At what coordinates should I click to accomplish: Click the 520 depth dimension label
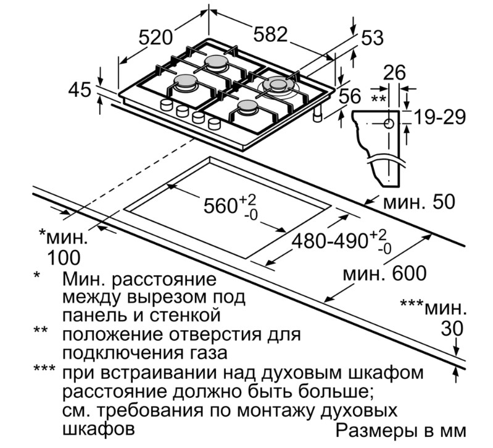(x=154, y=38)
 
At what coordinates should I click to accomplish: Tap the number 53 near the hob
(x=372, y=38)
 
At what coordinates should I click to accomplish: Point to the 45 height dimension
(x=80, y=90)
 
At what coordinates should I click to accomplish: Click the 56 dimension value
(x=349, y=96)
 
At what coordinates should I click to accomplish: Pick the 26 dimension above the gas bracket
(x=394, y=73)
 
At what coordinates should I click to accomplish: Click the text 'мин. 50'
(x=418, y=202)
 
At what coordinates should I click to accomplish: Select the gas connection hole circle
(x=389, y=123)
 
